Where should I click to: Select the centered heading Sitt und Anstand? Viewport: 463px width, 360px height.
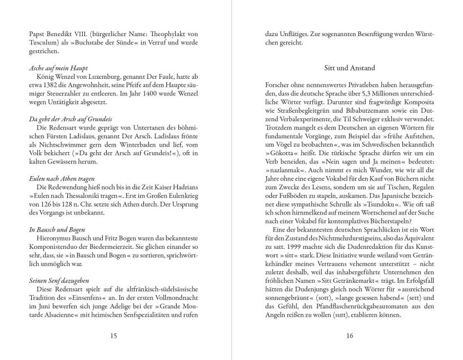tap(350, 68)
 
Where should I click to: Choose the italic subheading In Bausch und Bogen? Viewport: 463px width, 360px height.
tap(51, 228)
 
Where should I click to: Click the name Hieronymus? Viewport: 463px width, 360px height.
tap(55, 238)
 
